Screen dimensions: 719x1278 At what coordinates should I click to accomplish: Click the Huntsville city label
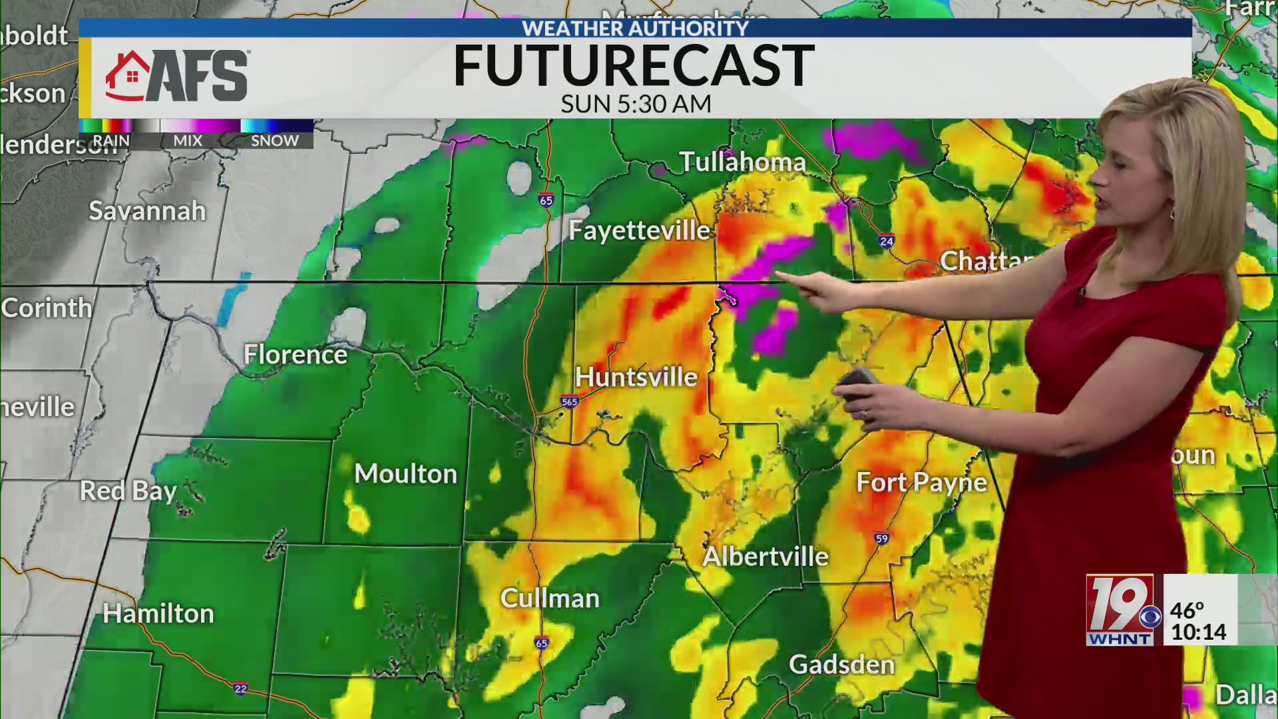coord(636,377)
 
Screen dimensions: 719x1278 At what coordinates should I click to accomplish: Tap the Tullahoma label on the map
coord(742,162)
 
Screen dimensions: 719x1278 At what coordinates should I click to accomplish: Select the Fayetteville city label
coord(640,230)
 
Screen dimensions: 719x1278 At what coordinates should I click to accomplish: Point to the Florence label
coord(295,354)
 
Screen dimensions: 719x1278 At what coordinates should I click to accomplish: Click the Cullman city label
coord(550,598)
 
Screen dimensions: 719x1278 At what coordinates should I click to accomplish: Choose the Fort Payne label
coord(921,482)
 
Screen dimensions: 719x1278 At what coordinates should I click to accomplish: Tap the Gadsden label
coord(841,664)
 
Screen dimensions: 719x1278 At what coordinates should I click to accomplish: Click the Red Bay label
coord(128,491)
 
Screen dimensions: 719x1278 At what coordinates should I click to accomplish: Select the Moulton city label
coord(405,473)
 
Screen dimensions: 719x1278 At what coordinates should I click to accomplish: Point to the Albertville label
coord(765,556)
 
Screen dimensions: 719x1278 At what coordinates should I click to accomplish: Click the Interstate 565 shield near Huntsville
coord(569,401)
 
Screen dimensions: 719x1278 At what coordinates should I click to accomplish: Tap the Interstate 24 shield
coord(886,241)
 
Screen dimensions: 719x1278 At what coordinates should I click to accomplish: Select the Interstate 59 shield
coord(881,539)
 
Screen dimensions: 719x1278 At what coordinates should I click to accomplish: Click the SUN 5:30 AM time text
coord(636,104)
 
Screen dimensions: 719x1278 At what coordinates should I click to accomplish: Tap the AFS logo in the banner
coord(177,76)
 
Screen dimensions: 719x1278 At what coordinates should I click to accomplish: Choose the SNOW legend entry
coord(274,140)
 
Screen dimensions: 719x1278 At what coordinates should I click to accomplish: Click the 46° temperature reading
coord(1187,610)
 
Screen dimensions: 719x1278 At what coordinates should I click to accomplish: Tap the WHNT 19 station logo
coord(1120,610)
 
